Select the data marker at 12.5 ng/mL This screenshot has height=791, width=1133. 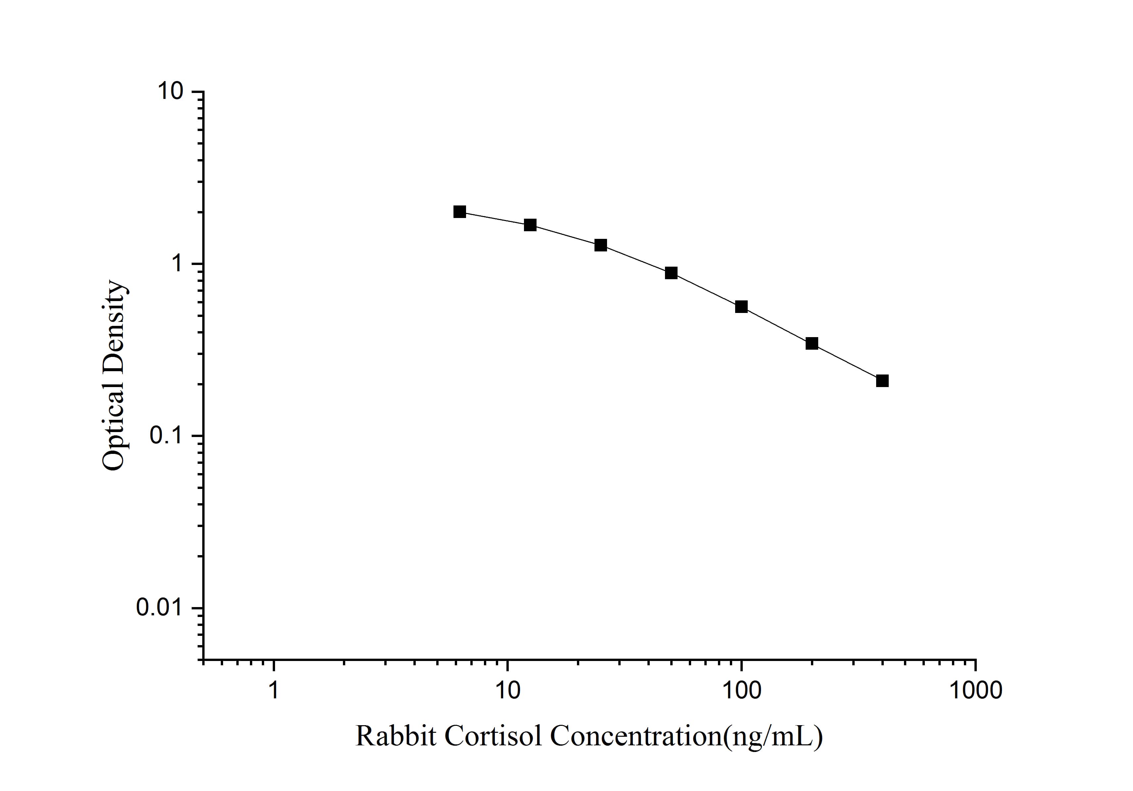530,225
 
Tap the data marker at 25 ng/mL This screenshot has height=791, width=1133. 600,245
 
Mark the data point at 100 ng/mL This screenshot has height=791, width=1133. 741,307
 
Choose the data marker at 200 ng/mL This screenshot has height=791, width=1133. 812,343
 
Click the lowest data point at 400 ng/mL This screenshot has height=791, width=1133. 882,381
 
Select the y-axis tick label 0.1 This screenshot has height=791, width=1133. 166,436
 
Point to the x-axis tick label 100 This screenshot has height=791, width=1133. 741,690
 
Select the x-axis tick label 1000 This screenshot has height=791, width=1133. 975,690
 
